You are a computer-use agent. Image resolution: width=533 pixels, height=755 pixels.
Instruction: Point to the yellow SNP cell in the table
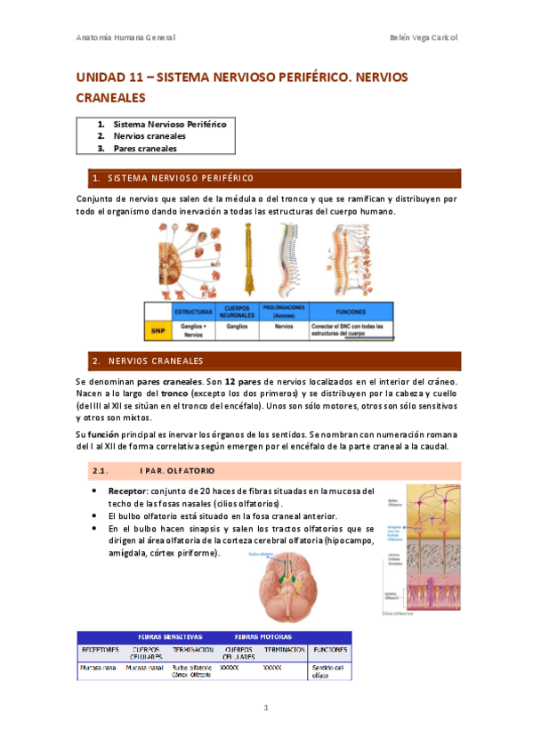tap(157, 330)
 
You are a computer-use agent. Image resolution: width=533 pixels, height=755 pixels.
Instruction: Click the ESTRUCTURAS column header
tap(193, 313)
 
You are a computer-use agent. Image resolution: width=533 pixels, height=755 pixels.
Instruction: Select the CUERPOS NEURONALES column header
tap(238, 313)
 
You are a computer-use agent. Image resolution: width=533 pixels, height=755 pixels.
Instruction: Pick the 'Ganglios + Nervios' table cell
tap(193, 330)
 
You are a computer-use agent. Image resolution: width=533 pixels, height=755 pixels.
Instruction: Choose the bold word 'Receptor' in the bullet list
tap(127, 491)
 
